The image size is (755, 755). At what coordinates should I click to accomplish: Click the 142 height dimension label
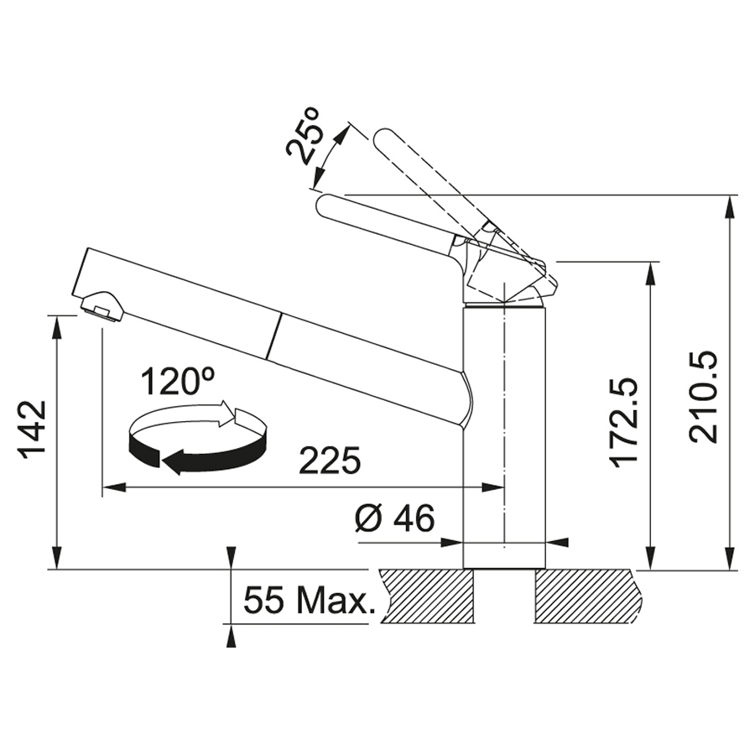click(x=32, y=430)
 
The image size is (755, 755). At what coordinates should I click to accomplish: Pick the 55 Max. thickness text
click(x=308, y=601)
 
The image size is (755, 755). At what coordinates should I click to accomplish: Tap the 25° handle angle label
click(x=304, y=133)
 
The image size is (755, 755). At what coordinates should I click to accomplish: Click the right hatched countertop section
click(x=591, y=596)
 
